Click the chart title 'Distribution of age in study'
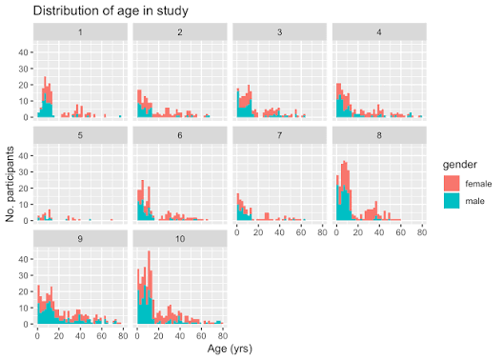[x=111, y=10]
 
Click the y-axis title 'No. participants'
[x=10, y=184]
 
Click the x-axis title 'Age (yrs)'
[x=230, y=349]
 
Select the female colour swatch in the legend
[x=452, y=184]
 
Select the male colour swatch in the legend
[x=452, y=201]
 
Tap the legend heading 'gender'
[x=460, y=165]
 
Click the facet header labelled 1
[x=80, y=32]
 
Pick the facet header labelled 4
[x=379, y=32]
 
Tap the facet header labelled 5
[x=80, y=135]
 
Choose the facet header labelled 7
[x=279, y=135]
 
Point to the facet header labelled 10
[x=180, y=239]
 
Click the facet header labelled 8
[x=379, y=135]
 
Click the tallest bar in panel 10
[x=149, y=288]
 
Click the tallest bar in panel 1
[x=45, y=97]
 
